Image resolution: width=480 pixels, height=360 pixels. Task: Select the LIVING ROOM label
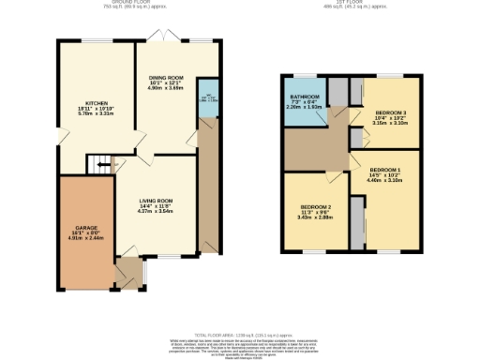[157, 200]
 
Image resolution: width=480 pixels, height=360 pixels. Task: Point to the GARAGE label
[87, 227]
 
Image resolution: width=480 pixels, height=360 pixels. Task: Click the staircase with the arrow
[97, 167]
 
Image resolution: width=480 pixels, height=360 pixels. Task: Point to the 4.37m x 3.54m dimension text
[157, 212]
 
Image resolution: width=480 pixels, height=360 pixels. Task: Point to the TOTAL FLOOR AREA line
[239, 334]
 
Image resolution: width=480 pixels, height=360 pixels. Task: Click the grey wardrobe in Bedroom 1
[355, 221]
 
